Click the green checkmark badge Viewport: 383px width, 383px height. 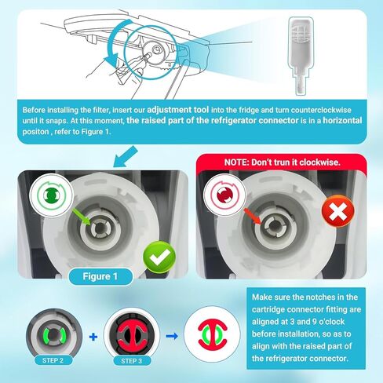[x=159, y=257]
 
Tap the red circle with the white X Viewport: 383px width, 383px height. [x=337, y=211]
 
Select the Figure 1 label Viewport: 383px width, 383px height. [x=100, y=276]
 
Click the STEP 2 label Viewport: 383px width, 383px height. [x=53, y=360]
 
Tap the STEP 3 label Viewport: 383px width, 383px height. [x=132, y=361]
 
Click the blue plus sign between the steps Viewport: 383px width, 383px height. [x=93, y=337]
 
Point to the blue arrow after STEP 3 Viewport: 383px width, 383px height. [x=172, y=336]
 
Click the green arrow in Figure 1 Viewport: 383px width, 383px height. [x=82, y=217]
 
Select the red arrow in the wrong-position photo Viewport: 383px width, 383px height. [x=253, y=217]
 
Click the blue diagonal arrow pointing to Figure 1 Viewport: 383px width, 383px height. [x=126, y=157]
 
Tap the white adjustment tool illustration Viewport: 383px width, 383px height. [x=301, y=56]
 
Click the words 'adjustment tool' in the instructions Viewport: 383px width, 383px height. [x=178, y=110]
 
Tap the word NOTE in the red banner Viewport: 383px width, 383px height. [x=236, y=162]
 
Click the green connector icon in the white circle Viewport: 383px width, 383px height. [x=51, y=195]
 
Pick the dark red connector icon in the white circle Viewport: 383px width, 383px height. [x=224, y=195]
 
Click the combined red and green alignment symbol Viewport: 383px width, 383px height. [x=212, y=335]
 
